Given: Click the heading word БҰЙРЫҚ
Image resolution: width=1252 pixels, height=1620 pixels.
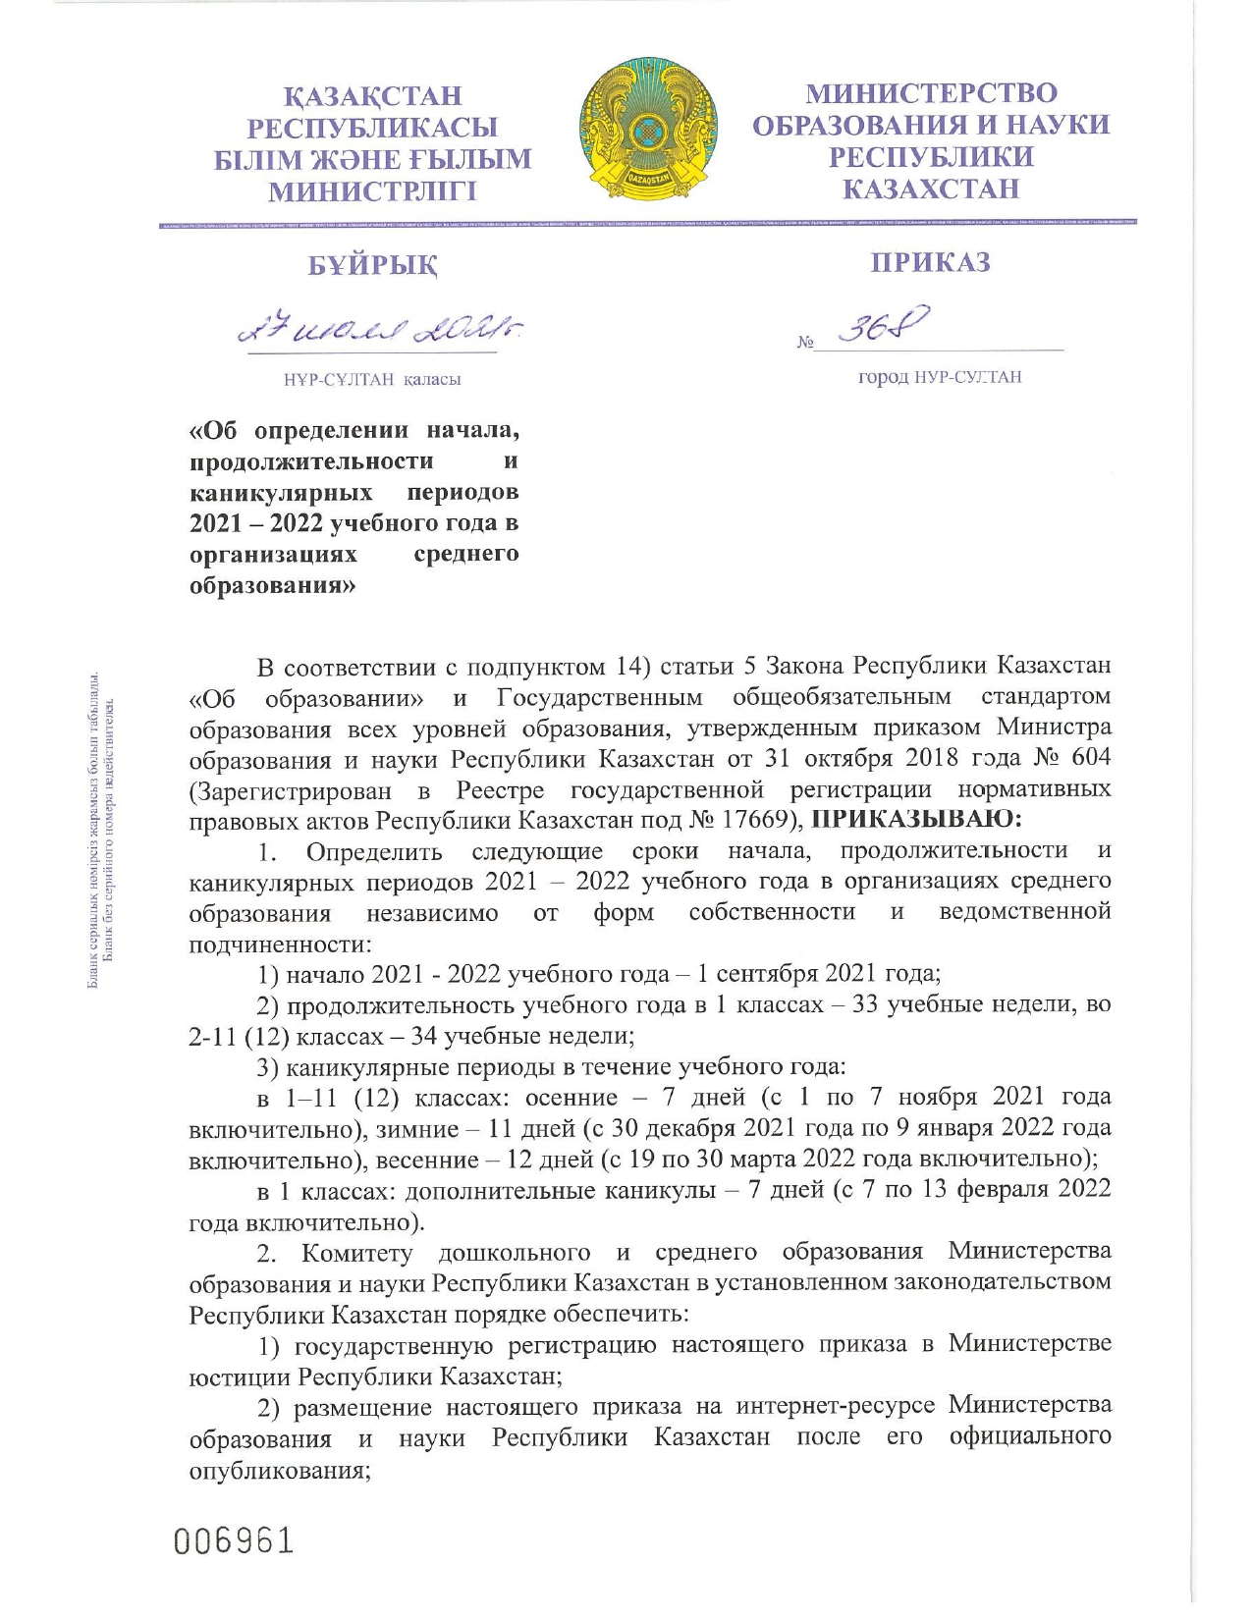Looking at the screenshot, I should [x=373, y=265].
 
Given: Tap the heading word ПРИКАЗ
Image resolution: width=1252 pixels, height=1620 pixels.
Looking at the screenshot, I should [x=931, y=263].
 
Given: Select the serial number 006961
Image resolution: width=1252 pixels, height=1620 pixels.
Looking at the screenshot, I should [x=234, y=1540].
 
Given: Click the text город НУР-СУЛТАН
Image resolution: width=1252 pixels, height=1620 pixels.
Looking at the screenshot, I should [x=940, y=377].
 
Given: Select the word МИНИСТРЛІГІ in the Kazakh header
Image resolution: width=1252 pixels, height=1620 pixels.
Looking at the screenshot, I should [x=373, y=191].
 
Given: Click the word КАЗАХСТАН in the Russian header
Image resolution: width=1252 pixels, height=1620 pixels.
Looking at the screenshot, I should [x=931, y=189].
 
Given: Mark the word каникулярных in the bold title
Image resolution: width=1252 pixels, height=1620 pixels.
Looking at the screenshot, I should [x=281, y=491].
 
